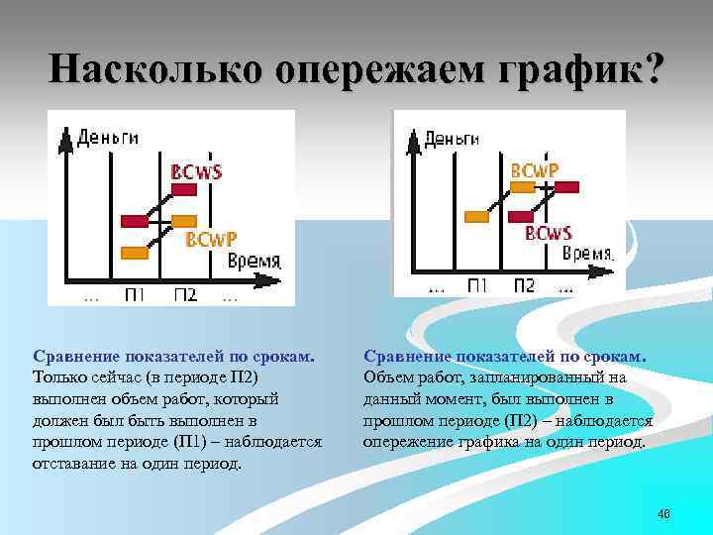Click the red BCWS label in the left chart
pyautogui.click(x=196, y=171)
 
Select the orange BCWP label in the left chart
pyautogui.click(x=211, y=239)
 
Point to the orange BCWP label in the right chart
pyautogui.click(x=534, y=170)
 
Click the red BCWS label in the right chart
pyautogui.click(x=549, y=234)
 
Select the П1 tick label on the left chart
pyautogui.click(x=136, y=294)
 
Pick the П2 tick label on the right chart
pyautogui.click(x=524, y=285)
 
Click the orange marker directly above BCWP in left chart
pyautogui.click(x=184, y=219)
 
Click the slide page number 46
pyautogui.click(x=663, y=513)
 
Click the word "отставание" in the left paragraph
pyautogui.click(x=76, y=464)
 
